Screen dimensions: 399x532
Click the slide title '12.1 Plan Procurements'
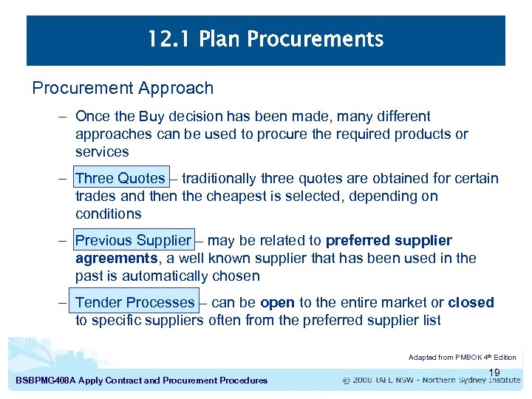(265, 39)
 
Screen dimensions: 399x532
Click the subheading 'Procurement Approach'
(123, 88)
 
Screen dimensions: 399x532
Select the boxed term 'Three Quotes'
(120, 178)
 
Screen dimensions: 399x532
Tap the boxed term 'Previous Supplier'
(133, 240)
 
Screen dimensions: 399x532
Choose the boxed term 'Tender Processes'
(134, 302)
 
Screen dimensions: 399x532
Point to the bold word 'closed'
(471, 302)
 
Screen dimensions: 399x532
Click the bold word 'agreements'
(116, 258)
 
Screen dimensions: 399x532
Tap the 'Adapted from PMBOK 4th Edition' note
(462, 358)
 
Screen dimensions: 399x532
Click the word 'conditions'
(108, 214)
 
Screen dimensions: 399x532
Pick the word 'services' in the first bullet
(102, 151)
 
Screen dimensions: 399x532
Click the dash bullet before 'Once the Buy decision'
(64, 116)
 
